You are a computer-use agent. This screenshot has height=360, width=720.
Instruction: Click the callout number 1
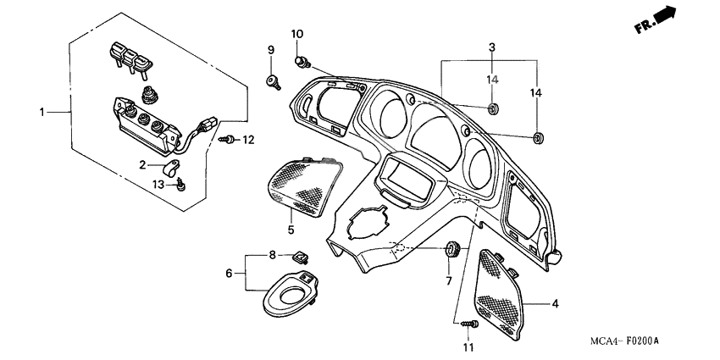(42, 112)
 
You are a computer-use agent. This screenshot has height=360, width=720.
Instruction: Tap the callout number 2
(144, 164)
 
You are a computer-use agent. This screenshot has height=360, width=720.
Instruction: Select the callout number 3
(491, 47)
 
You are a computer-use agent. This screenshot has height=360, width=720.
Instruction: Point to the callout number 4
(555, 303)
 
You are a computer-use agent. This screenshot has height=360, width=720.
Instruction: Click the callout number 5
(290, 230)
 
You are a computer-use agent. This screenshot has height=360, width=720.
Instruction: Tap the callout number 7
(450, 280)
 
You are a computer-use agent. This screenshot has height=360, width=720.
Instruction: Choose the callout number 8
(272, 255)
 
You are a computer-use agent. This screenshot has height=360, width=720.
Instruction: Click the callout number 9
(271, 51)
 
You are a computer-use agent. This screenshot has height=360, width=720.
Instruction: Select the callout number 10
(297, 34)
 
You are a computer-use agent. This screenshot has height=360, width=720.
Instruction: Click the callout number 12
(248, 139)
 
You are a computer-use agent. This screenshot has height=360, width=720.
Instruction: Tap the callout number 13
(158, 184)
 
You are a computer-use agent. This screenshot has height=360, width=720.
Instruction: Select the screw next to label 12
(227, 139)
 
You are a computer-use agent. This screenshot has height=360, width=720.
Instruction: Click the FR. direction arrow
(656, 19)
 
